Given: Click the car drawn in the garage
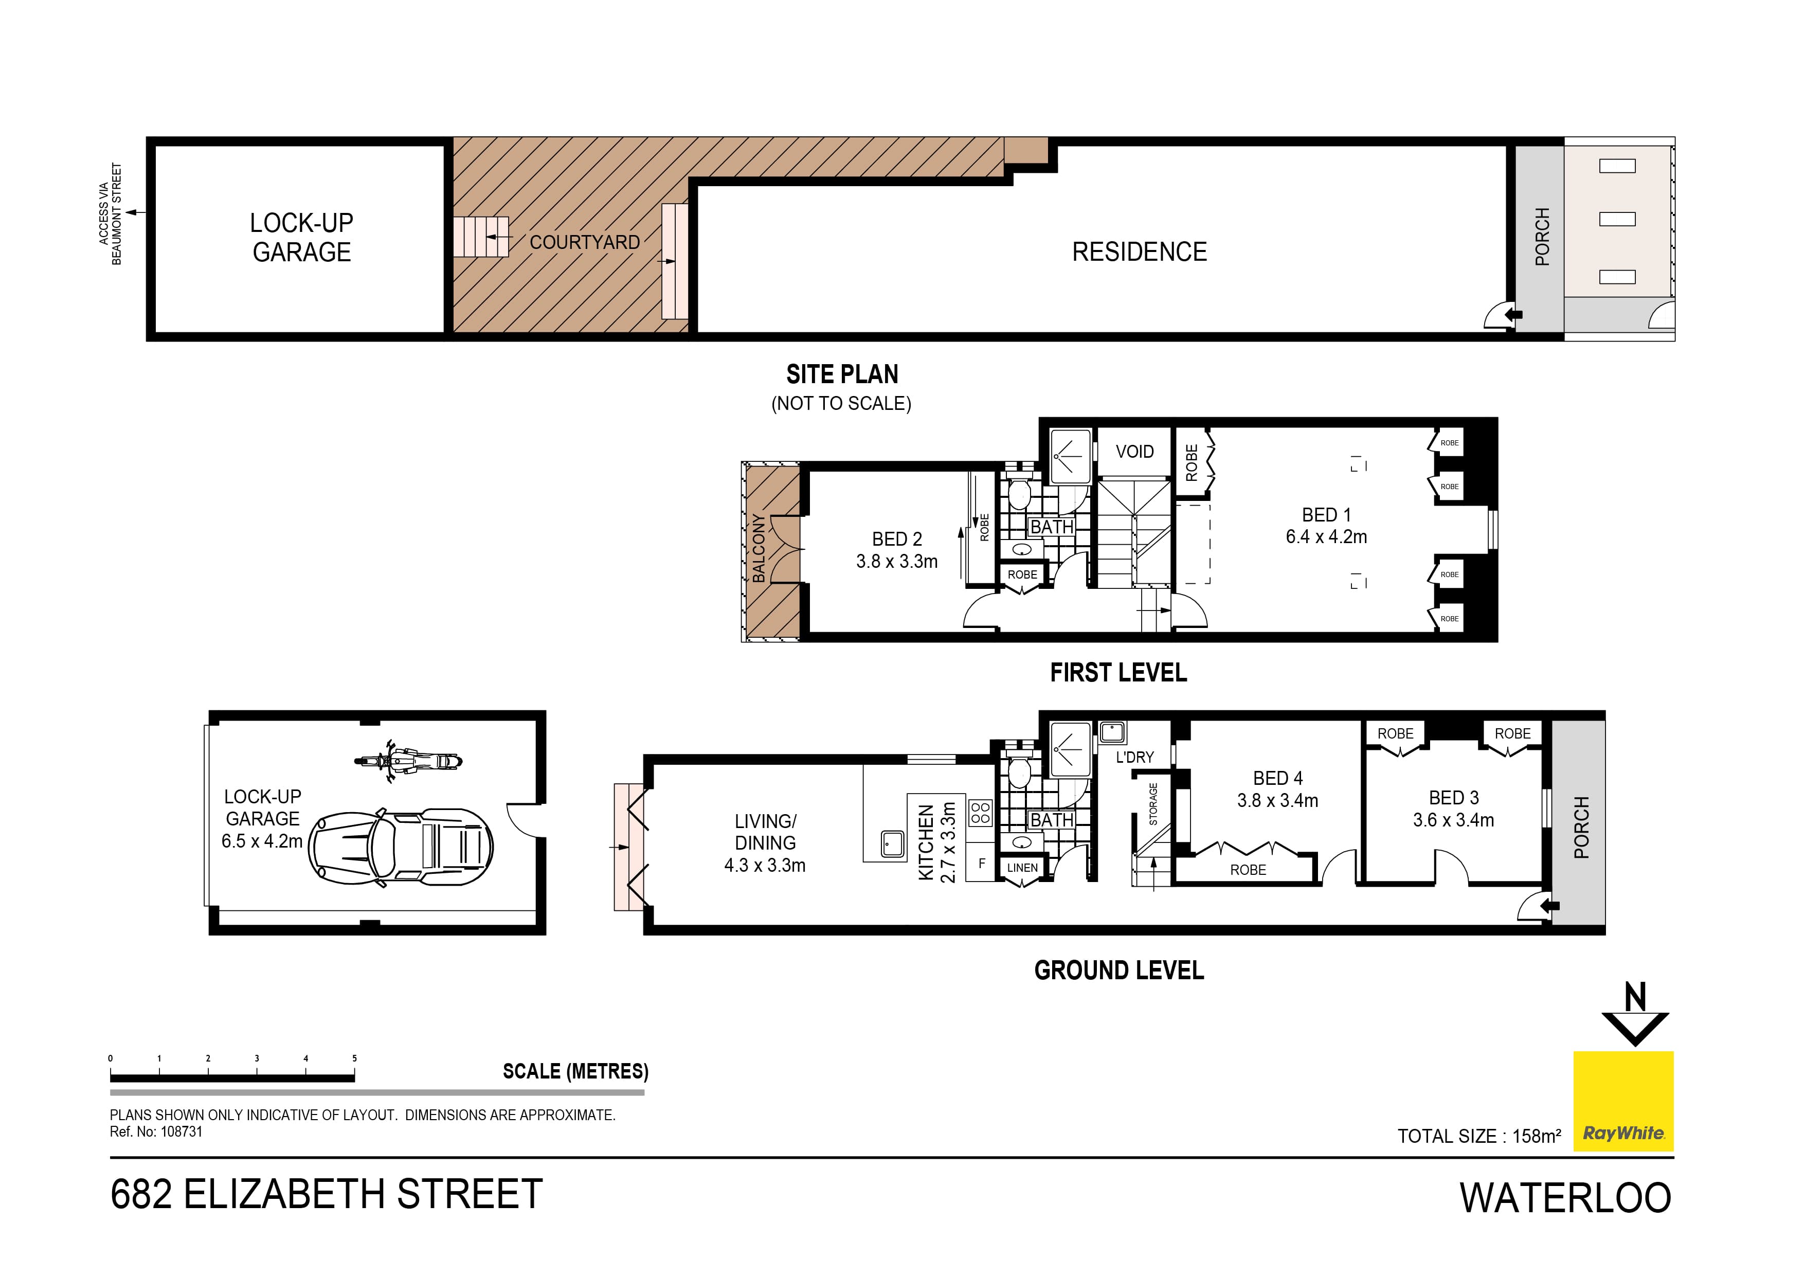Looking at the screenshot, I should click(401, 848).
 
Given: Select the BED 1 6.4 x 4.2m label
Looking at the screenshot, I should click(1326, 526).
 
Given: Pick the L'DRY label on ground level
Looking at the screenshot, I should click(1134, 757).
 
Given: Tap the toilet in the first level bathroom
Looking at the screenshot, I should click(1020, 495).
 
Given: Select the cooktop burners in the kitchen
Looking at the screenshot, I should click(980, 813).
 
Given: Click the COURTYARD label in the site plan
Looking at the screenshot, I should click(584, 242).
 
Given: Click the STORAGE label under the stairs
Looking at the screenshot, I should click(1153, 803).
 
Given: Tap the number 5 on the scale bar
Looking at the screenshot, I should click(354, 1058).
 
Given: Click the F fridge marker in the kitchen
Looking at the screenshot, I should click(981, 863).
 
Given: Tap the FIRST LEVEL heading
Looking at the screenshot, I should click(1118, 673).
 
